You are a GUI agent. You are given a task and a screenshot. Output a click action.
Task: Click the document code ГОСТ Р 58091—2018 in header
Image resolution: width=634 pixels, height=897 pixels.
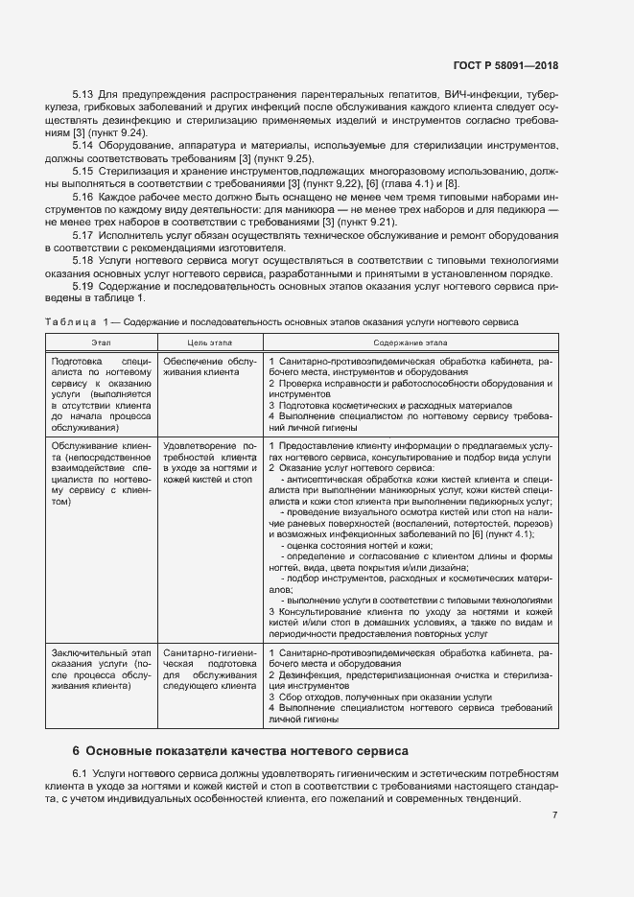[x=505, y=66]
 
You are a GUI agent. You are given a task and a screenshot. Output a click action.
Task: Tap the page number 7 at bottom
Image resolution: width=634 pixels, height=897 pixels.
[x=555, y=814]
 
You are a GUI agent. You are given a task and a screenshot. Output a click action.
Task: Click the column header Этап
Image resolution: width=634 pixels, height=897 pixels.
[x=102, y=342]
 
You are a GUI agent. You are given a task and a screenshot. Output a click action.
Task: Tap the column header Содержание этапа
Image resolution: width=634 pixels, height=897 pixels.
[x=411, y=342]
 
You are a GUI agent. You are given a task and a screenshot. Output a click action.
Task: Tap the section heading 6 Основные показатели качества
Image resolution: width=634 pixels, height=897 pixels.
[x=241, y=750]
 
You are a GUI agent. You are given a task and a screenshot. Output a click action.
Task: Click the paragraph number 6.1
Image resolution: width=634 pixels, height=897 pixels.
[x=82, y=773]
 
